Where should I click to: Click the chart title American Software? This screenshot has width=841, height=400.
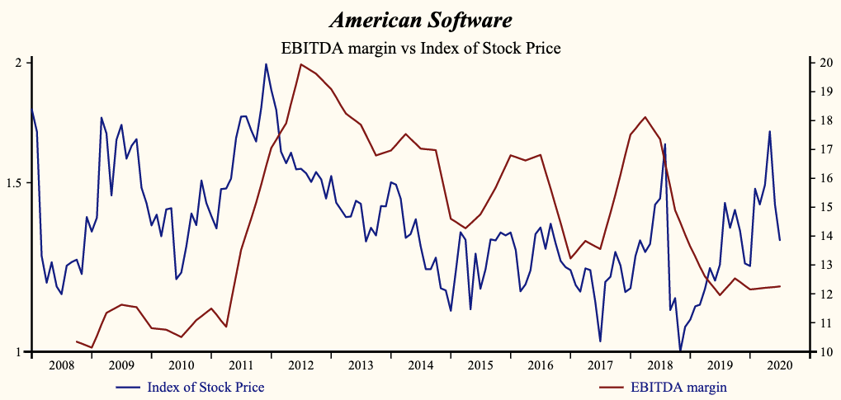click(x=420, y=19)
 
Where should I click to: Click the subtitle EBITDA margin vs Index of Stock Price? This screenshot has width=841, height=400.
click(x=420, y=48)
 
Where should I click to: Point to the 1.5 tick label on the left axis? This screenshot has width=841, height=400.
click(x=15, y=183)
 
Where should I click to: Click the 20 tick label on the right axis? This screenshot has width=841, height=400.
click(x=820, y=63)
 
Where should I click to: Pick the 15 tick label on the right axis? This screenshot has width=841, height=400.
click(x=820, y=207)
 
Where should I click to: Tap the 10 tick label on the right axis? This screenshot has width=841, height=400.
click(x=820, y=352)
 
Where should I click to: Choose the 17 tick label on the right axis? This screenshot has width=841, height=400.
click(x=820, y=149)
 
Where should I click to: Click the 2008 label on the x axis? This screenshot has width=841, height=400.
click(x=61, y=365)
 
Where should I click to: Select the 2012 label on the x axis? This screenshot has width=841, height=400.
click(x=300, y=365)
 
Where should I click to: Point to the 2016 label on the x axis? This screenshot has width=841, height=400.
click(x=540, y=365)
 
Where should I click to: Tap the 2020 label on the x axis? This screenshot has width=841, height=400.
click(x=779, y=365)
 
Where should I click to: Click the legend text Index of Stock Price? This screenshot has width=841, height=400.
click(x=206, y=386)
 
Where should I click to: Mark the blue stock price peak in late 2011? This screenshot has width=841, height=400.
click(x=266, y=64)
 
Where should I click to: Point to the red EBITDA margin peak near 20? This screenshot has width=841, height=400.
click(x=301, y=64)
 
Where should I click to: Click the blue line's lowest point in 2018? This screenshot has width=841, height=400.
click(x=680, y=351)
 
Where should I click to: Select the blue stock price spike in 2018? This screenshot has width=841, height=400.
click(x=665, y=144)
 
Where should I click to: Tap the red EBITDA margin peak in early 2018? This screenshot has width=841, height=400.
click(x=645, y=117)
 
